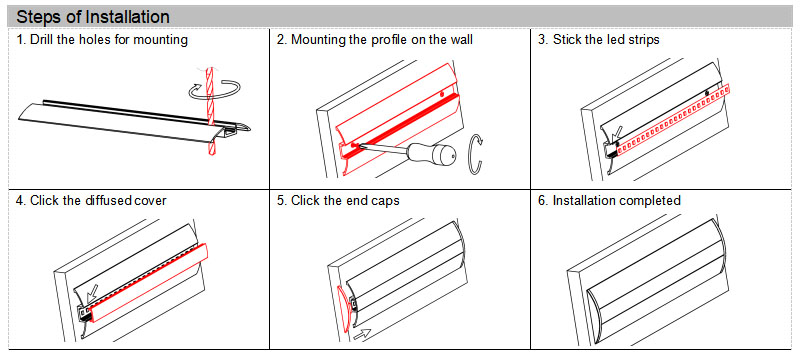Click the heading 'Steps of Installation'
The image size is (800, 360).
click(x=93, y=17)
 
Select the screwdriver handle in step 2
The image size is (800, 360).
click(x=431, y=156)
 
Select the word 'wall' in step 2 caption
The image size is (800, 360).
click(x=460, y=40)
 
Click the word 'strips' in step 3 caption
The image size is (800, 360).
click(x=642, y=40)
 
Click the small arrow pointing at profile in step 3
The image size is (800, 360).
click(x=615, y=133)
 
